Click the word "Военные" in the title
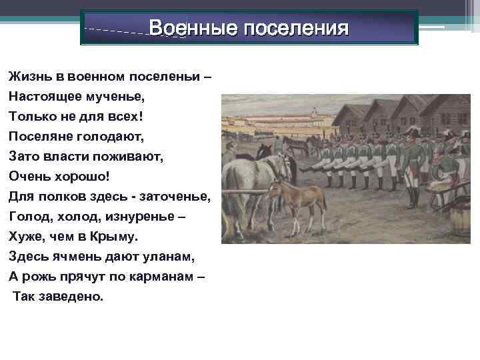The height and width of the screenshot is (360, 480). [192, 29]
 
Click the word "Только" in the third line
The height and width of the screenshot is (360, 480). [31, 117]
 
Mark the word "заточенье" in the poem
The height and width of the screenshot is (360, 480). [176, 197]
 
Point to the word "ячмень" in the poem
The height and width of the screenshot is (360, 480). [72, 257]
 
